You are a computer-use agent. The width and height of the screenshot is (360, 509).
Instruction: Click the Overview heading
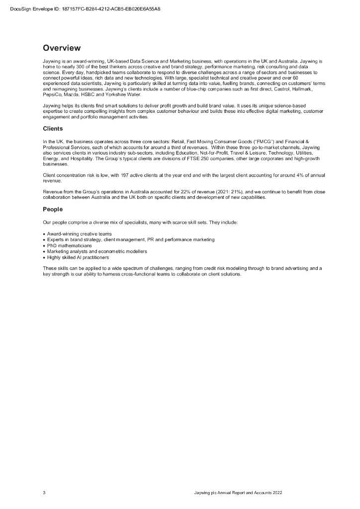click(x=62, y=48)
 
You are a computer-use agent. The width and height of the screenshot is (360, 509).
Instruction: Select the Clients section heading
click(x=53, y=129)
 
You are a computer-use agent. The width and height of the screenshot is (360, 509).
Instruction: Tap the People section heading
click(x=53, y=209)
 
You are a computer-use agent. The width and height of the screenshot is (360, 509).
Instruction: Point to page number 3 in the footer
click(x=44, y=493)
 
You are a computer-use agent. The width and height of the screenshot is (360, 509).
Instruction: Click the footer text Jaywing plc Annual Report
click(x=238, y=493)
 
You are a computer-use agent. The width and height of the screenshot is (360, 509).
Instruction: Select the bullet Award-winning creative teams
click(x=79, y=234)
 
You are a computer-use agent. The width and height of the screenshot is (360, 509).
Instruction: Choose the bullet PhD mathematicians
click(x=70, y=246)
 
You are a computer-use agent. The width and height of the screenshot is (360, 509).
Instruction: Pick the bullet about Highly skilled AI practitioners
click(x=78, y=257)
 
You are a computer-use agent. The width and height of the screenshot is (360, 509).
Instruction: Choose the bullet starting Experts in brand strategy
click(x=131, y=240)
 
